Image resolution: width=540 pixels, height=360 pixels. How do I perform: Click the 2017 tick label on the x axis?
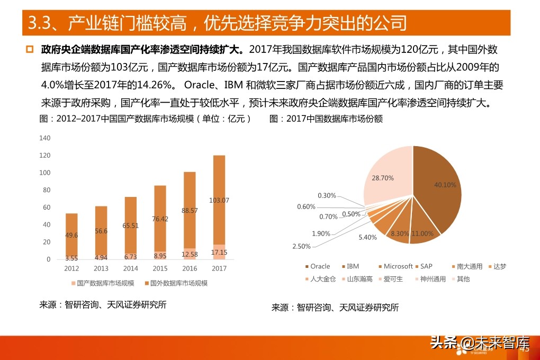click(219, 268)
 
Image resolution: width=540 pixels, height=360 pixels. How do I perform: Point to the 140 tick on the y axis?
click(45, 138)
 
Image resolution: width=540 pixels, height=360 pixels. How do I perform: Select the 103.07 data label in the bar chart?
click(219, 200)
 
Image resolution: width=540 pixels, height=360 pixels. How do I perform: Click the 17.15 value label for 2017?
click(219, 253)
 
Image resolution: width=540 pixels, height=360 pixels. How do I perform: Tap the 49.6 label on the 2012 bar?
click(71, 235)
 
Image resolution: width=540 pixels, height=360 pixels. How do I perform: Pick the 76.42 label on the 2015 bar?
click(160, 219)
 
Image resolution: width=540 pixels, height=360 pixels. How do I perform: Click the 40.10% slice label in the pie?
click(445, 185)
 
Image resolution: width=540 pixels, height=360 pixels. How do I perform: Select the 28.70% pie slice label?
click(383, 178)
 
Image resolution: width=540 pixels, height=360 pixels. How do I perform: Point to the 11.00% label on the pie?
click(423, 233)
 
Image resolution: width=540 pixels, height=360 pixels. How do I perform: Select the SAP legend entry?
click(427, 266)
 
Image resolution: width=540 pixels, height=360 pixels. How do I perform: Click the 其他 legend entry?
click(462, 279)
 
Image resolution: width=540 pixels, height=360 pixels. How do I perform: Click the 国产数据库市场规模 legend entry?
click(103, 283)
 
